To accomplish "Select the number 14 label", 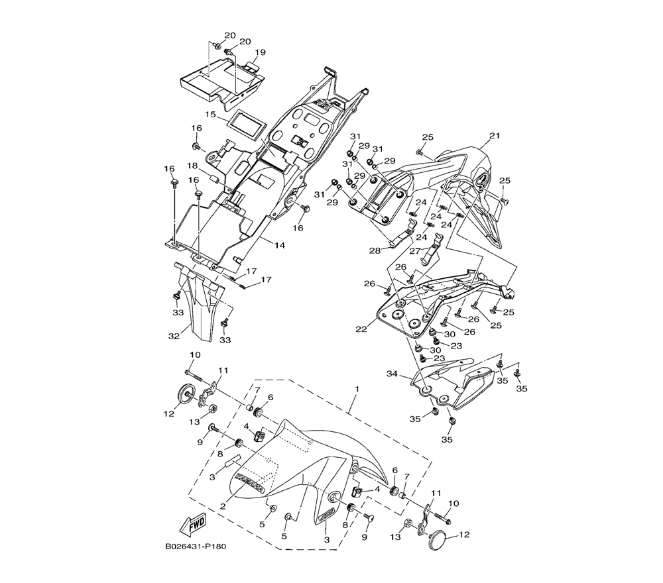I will coord(279,245).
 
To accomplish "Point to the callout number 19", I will coord(259,52).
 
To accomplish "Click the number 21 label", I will coord(493,136).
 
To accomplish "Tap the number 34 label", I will coord(392,374).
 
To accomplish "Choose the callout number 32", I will coord(174,336).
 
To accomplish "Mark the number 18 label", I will coord(192,166).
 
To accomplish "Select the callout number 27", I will coord(416,251).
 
